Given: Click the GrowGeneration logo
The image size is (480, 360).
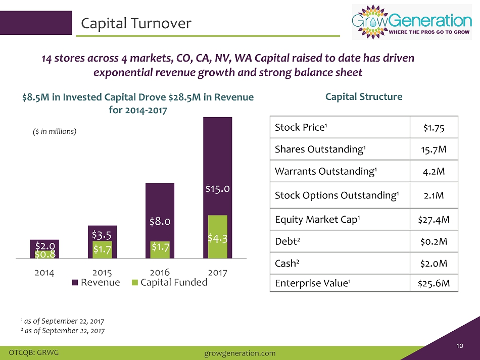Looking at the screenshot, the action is [x=412, y=22].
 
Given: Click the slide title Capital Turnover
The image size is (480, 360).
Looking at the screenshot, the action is [x=136, y=23].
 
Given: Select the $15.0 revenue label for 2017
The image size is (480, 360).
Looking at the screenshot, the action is [x=218, y=189].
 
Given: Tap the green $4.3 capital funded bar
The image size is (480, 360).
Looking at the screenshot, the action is [x=218, y=237].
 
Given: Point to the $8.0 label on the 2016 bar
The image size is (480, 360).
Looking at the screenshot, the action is [x=160, y=221].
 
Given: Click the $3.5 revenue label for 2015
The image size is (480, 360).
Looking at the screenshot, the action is [x=102, y=235].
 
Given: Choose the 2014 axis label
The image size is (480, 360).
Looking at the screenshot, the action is [x=44, y=273].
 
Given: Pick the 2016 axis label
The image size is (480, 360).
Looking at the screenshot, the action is [x=160, y=272].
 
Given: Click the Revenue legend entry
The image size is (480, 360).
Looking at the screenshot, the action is [x=96, y=282].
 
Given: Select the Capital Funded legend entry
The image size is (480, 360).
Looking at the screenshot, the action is [x=170, y=282].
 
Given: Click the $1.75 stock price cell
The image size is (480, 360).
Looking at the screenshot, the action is [x=434, y=128].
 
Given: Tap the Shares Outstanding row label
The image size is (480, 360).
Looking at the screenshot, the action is [x=320, y=149].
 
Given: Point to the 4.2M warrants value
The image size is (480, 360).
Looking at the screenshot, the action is [x=434, y=171].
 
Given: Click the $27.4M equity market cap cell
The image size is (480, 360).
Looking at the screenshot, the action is [x=434, y=219].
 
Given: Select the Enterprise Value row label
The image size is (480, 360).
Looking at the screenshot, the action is [x=313, y=283].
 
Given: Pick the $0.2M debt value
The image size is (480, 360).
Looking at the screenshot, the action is [x=434, y=241].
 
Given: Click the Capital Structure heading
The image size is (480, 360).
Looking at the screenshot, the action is [x=364, y=96].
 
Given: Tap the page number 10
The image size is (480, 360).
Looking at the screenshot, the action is [x=460, y=346].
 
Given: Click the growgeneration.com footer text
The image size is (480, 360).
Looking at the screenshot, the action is [x=239, y=353].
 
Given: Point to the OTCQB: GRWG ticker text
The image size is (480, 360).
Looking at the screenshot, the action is [x=34, y=352].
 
